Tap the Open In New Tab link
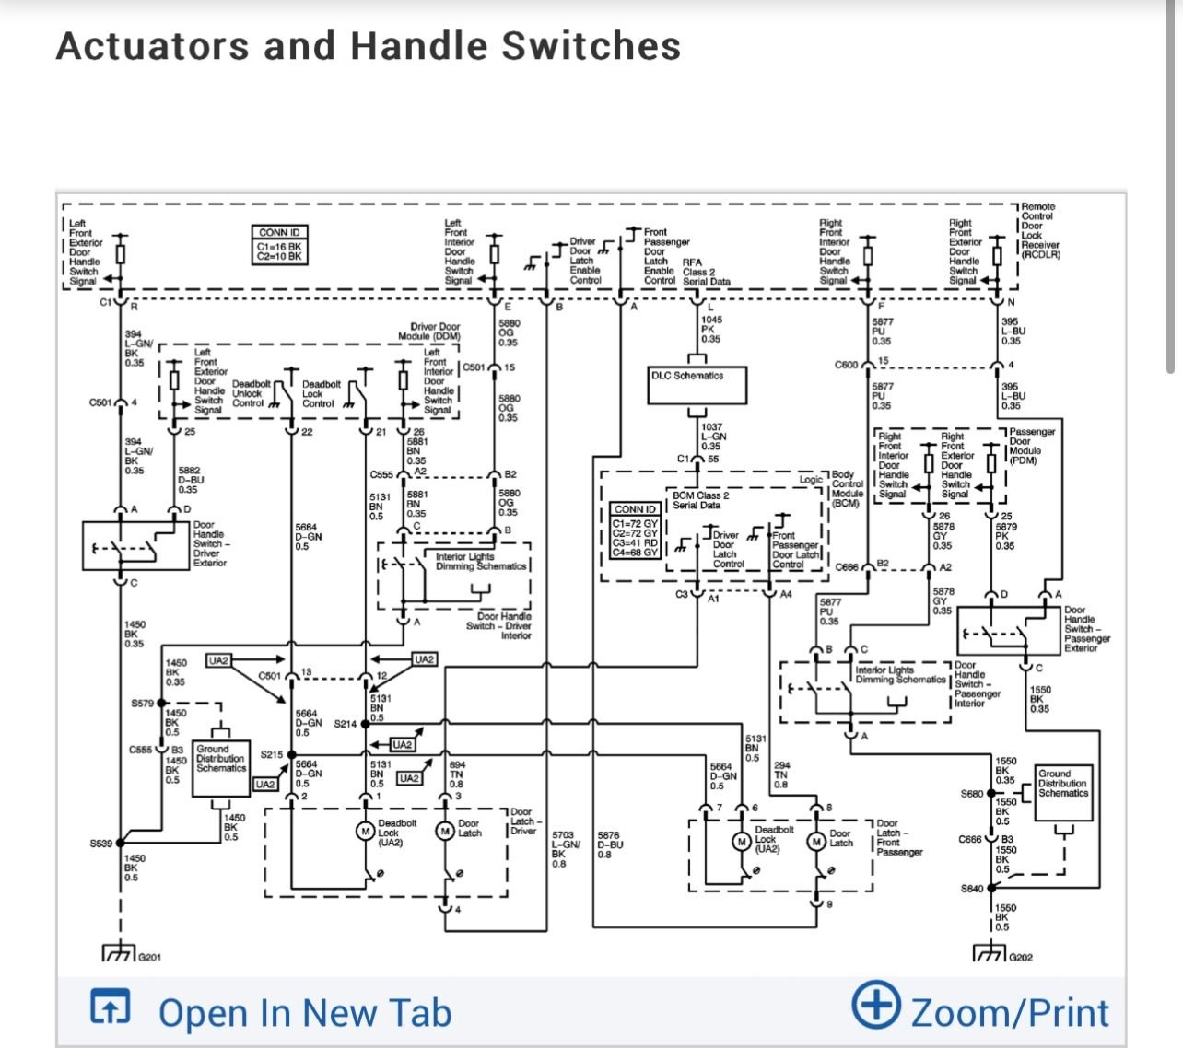pos(304,1013)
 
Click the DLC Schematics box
pos(697,381)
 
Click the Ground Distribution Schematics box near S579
pos(221,769)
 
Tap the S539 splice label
pos(100,844)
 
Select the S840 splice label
pos(972,889)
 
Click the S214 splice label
pos(345,725)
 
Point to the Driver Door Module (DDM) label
pos(435,332)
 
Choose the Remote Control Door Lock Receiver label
pos(1040,230)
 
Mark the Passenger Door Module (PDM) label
pos(1031,446)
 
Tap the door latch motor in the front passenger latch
pos(816,841)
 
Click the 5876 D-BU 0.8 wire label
pos(610,844)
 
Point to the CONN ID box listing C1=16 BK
pos(280,246)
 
